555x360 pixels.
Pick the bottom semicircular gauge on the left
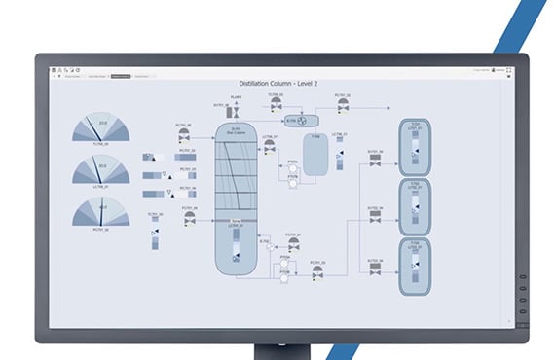click(x=100, y=213)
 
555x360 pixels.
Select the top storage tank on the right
click(x=414, y=149)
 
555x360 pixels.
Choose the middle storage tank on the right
click(x=414, y=205)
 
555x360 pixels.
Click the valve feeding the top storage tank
click(x=372, y=164)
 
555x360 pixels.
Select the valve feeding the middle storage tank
click(x=372, y=220)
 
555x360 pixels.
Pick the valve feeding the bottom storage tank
click(x=372, y=274)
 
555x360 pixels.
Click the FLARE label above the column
click(x=235, y=96)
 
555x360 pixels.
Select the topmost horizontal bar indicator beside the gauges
click(x=148, y=156)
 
